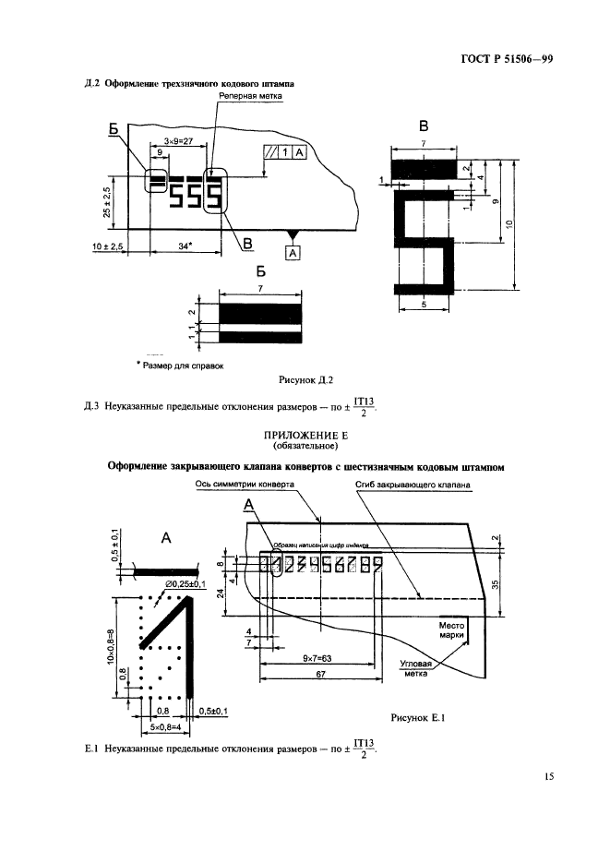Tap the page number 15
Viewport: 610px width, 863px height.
coord(548,777)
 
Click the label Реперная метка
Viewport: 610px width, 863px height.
coord(249,95)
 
